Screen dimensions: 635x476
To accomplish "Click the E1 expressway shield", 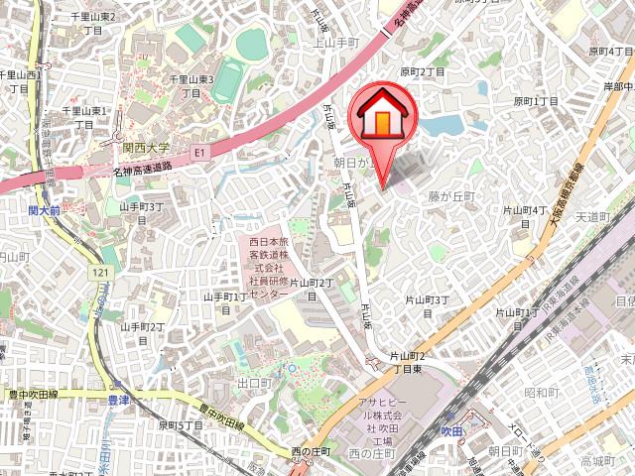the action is (199, 153).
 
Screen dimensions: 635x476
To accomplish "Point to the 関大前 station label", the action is (44, 210).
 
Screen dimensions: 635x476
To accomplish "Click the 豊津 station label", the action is (119, 400).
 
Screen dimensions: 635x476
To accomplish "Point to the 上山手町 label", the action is (334, 43).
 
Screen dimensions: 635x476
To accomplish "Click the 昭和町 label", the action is (542, 393).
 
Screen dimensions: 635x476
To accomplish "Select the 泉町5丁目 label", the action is (181, 424).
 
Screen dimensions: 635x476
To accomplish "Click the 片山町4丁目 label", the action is (527, 216).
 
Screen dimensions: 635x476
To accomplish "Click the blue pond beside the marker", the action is (444, 125).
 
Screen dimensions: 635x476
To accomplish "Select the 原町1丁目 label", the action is (536, 102).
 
